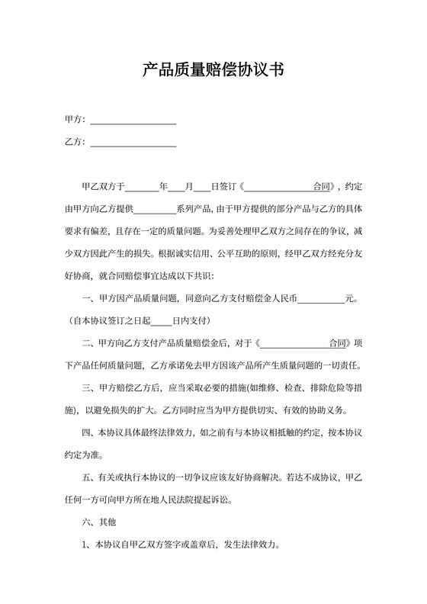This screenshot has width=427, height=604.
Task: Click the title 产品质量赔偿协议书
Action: coord(213,71)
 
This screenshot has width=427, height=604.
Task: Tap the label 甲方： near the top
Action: coord(75,120)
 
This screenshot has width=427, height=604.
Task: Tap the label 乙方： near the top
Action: coord(75,142)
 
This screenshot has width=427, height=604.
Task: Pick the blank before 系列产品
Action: coord(156,208)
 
